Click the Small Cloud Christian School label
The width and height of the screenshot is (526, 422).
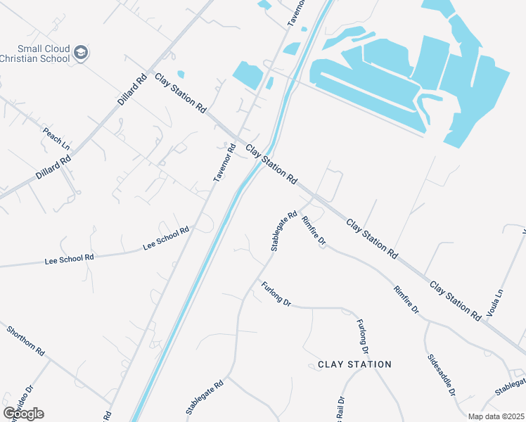(35, 53)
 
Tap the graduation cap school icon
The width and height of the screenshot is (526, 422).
(82, 53)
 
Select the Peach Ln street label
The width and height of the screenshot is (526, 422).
(56, 138)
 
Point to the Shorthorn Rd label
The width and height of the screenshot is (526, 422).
(26, 340)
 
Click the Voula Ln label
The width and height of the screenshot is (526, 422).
(495, 302)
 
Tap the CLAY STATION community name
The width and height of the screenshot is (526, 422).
(354, 364)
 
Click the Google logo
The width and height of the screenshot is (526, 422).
(23, 413)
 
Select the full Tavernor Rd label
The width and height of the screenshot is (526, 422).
(225, 163)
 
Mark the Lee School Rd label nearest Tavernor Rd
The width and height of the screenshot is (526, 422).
(166, 238)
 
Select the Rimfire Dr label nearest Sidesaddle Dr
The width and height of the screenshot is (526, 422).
(406, 299)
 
